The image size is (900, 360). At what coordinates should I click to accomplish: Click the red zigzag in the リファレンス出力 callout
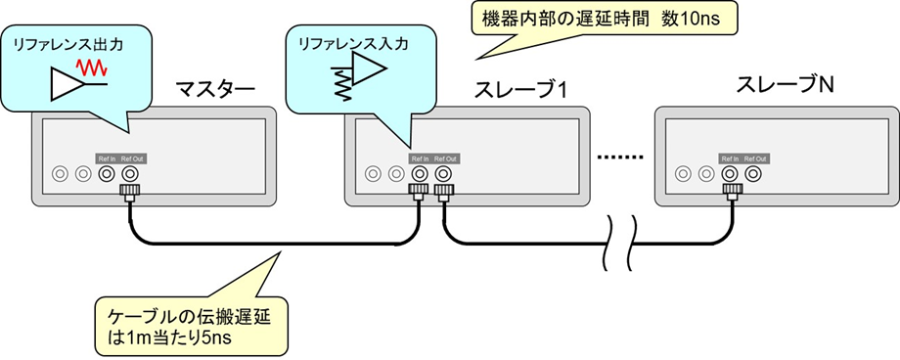pyautogui.click(x=93, y=68)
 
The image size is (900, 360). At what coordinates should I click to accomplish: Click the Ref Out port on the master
pyautogui.click(x=128, y=174)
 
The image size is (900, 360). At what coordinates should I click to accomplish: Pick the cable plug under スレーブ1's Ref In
pyautogui.click(x=419, y=194)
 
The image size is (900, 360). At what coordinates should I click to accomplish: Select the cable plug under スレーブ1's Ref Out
pyautogui.click(x=442, y=194)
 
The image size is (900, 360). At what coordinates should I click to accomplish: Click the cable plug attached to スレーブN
pyautogui.click(x=730, y=194)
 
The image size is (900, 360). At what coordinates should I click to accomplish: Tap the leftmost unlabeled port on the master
pyautogui.click(x=60, y=174)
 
